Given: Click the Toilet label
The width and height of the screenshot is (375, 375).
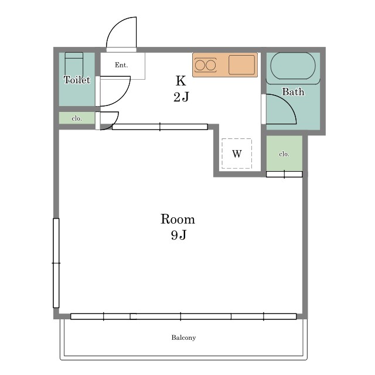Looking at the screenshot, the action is coord(77,80).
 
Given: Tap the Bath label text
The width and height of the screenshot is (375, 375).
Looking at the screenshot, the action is coord(293,92).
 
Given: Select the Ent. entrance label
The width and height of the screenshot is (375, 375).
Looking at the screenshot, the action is coord(121,65).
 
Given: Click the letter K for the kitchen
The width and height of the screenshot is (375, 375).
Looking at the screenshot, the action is coord(181,81).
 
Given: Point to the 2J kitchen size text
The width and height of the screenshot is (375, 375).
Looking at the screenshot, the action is coord(181,97).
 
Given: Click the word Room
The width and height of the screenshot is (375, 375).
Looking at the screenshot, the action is coord(178,219).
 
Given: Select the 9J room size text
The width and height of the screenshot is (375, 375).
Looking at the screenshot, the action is coord(178,235).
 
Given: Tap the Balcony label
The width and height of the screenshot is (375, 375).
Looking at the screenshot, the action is coord(183,337).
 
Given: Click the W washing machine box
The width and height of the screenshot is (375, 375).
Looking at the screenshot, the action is coord(237,154).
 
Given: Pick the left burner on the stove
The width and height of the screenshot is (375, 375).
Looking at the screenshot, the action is coord(199,65).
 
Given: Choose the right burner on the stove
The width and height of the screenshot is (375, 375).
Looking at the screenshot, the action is coord(211,65).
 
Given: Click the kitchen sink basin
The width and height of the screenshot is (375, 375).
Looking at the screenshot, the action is coord(241,65).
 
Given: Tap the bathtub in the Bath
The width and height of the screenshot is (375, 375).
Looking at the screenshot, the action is coord(293,66).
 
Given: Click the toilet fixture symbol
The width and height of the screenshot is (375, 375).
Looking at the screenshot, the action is coord(74,64).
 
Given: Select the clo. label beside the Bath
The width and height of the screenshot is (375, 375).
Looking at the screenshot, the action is coord(284,154).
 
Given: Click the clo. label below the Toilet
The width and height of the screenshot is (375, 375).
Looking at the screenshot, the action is coord(77,118).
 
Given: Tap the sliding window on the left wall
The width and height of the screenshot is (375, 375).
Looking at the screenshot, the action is coord(56,263).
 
